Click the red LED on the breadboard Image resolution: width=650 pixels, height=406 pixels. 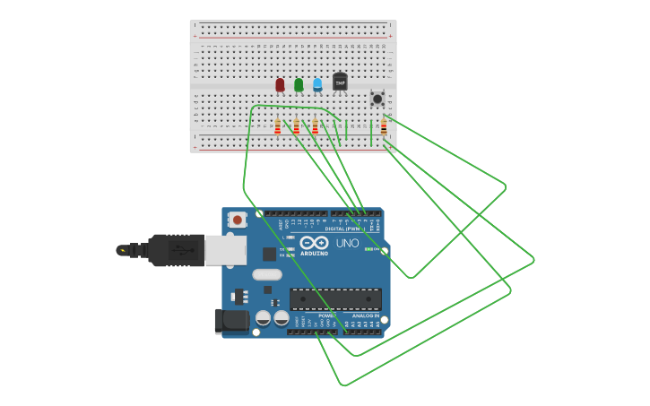(x=280, y=84)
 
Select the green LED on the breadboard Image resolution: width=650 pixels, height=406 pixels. (x=299, y=84)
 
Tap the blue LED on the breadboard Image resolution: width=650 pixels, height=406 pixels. (x=317, y=84)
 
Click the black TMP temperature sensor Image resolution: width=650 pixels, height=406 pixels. (x=340, y=82)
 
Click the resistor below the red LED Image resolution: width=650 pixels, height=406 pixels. (x=278, y=126)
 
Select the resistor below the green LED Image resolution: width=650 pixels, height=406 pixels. (x=297, y=126)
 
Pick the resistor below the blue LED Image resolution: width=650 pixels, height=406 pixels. (x=316, y=126)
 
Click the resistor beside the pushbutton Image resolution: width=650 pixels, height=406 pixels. (x=384, y=127)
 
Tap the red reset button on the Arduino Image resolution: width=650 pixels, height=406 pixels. (x=237, y=219)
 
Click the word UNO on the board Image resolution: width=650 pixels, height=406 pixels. (x=347, y=243)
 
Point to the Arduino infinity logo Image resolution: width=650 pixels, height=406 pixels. (x=314, y=243)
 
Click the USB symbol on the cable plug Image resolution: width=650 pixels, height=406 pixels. (x=184, y=250)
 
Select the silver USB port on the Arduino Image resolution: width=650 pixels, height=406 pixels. (x=226, y=250)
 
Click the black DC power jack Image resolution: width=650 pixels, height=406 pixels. (x=231, y=320)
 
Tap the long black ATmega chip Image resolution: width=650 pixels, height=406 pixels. (x=335, y=299)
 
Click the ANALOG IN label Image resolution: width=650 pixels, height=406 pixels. (x=367, y=315)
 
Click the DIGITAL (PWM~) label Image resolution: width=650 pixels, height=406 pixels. (x=343, y=229)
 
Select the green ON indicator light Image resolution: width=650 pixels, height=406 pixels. (x=370, y=248)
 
